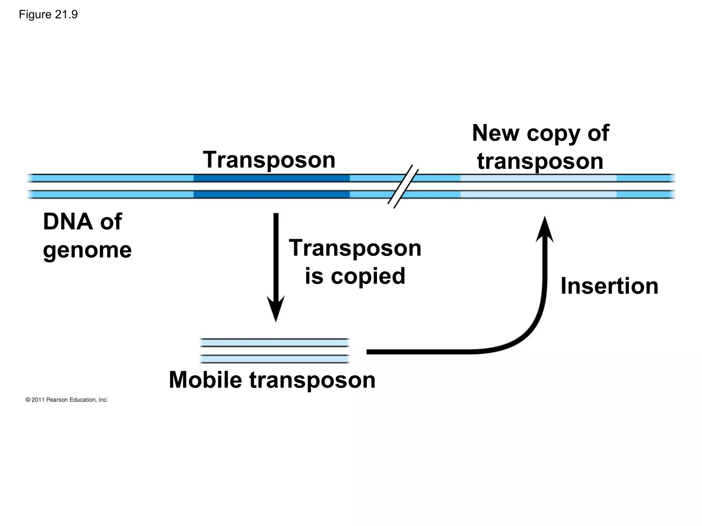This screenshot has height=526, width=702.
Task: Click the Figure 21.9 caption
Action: tap(48, 15)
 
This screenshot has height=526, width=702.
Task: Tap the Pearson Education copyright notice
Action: tap(67, 400)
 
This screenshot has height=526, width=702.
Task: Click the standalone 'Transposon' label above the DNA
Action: tap(269, 160)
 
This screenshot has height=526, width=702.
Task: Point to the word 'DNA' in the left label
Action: tap(68, 222)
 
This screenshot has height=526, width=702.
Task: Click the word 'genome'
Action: tap(87, 250)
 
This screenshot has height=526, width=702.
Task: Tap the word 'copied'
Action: tap(368, 276)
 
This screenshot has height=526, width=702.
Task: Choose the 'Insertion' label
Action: tap(609, 286)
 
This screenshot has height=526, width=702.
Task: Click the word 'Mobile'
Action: tap(205, 380)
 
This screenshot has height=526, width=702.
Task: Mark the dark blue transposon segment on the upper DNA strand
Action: tap(271, 178)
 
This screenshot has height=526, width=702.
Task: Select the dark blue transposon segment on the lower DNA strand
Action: tap(271, 195)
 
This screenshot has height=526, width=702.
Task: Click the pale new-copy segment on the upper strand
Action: tap(538, 178)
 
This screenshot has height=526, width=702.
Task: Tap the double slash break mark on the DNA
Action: tap(403, 187)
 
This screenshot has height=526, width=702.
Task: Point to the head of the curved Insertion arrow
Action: tap(545, 229)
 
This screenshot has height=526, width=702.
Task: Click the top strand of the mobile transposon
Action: tap(275, 342)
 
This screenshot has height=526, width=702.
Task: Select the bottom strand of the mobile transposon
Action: tap(275, 359)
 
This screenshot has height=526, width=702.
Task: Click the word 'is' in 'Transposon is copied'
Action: tap(314, 276)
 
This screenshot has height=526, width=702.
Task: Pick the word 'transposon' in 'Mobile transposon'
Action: tap(312, 380)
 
